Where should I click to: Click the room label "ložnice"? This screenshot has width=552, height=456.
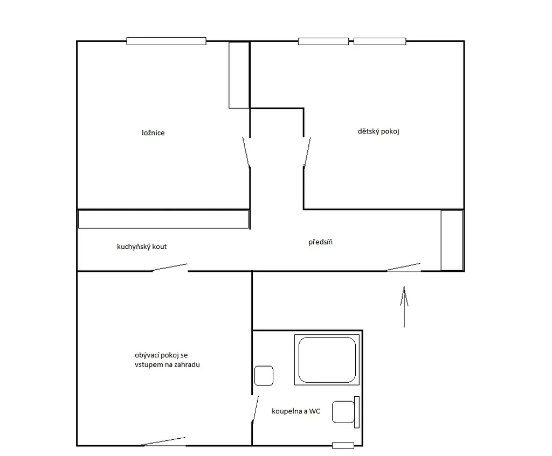point(153,133)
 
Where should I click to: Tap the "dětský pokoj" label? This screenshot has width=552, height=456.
point(378,131)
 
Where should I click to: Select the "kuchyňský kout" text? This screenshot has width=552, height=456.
point(142,247)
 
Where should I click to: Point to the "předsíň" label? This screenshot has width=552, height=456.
point(320,242)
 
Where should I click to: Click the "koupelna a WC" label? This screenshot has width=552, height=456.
point(296,411)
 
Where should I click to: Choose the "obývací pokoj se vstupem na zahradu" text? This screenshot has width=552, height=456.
point(167,360)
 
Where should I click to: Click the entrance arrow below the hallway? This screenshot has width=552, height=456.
point(404,307)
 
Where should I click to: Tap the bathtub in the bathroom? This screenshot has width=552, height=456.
point(327,360)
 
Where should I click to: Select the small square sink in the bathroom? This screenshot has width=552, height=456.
point(264,375)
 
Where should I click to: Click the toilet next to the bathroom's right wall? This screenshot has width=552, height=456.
point(346,412)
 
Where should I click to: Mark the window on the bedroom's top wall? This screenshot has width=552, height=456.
point(166,41)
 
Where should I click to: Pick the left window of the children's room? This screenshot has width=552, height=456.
point(323,41)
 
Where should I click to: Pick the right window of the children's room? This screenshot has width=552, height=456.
point(380,41)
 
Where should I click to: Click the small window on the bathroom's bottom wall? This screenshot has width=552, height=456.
point(343,446)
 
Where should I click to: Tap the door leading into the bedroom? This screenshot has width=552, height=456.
point(246,152)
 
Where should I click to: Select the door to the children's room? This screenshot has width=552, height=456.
point(307,152)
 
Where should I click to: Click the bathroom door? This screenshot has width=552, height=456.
point(255,409)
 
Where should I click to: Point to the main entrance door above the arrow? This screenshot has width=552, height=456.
point(403,267)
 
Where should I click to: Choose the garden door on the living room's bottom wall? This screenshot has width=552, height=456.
point(164,441)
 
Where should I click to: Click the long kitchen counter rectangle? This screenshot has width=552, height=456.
point(163,219)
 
